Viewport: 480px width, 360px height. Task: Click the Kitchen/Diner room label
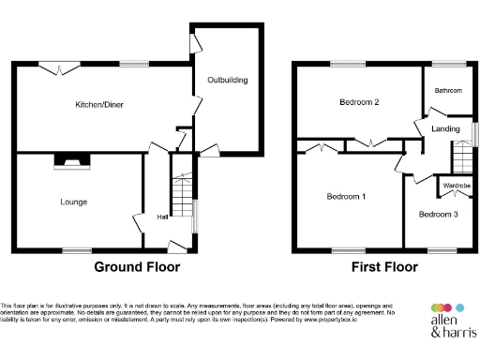coord(99,105)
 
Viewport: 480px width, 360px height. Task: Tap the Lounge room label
coord(74,202)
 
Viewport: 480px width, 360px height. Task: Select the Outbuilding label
coord(227,81)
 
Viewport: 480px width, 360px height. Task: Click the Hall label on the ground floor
coord(163,219)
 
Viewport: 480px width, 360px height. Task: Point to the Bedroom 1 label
coord(346,197)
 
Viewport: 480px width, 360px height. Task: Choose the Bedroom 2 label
coord(333,102)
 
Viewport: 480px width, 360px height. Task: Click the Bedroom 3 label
coord(438,215)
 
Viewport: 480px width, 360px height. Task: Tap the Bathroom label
coord(448,90)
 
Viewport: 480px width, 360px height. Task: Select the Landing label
coord(444,128)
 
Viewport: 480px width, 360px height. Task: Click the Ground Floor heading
coord(137,267)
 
